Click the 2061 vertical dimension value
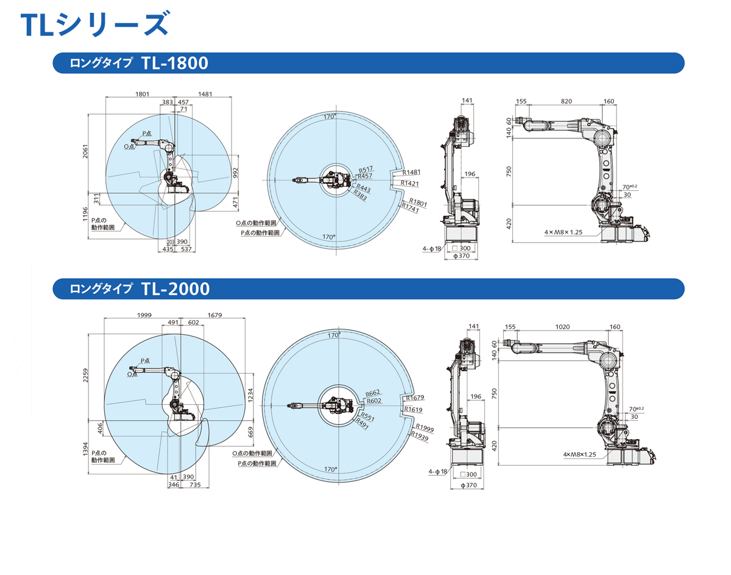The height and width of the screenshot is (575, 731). [x=86, y=153]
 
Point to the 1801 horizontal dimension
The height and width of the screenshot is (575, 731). [x=142, y=94]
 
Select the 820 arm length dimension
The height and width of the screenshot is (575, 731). [x=566, y=102]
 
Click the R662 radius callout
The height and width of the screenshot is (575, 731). [x=373, y=393]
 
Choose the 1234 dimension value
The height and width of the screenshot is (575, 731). [x=250, y=396]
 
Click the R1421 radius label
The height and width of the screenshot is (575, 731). [x=410, y=183]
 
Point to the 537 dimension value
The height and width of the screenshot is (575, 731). [x=186, y=249]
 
